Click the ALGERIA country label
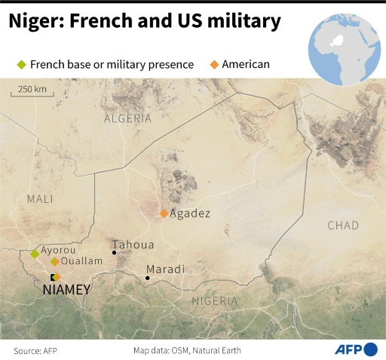[x=127, y=118]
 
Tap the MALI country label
[x=40, y=198]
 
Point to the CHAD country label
[x=344, y=225]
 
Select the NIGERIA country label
[x=215, y=300]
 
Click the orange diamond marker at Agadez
[x=164, y=214]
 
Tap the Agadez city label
[x=190, y=214]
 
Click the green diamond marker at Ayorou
[x=35, y=254]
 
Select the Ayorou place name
[x=59, y=249]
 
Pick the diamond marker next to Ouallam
[x=54, y=262]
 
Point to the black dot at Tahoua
[x=115, y=252]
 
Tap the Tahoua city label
[x=133, y=245]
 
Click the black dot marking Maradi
[x=148, y=278]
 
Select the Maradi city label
[x=166, y=269]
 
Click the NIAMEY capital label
[x=67, y=290]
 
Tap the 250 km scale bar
[x=32, y=91]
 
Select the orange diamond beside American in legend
[x=215, y=65]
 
